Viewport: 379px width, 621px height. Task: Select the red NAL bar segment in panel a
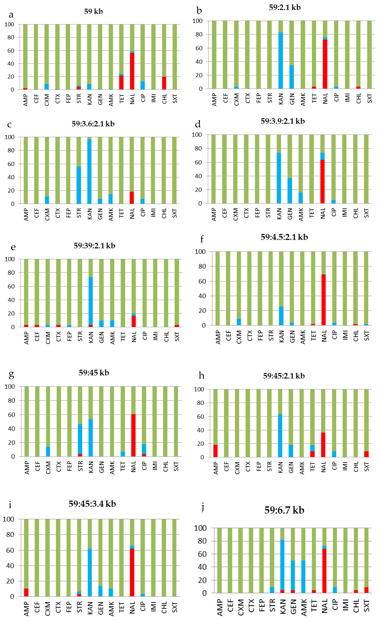click(132, 71)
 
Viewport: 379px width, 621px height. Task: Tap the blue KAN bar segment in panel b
click(281, 61)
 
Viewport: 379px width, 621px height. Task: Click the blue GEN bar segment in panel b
click(292, 77)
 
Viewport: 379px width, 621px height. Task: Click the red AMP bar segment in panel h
click(215, 451)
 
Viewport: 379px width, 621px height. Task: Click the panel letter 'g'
click(11, 375)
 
